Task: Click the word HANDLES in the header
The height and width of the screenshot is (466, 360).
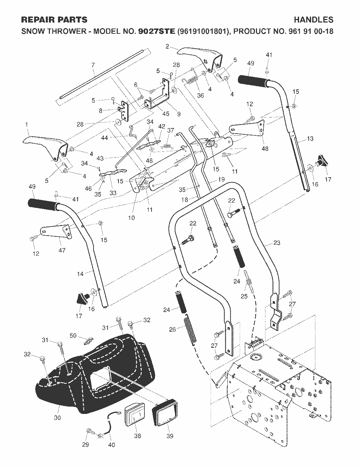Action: coord(314,20)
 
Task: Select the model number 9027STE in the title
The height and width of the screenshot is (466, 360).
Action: coord(157,31)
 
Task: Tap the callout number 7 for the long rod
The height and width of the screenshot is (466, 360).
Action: coord(93,65)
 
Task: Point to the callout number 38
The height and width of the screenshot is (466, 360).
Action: coord(137,434)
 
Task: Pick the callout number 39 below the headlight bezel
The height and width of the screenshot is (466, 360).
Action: coord(170,434)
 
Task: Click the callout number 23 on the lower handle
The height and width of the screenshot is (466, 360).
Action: coord(277,243)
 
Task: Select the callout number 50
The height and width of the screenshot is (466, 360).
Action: coord(73,335)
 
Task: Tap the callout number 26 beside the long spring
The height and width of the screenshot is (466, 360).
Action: coord(173,329)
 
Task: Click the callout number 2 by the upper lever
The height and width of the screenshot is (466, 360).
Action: coord(167,46)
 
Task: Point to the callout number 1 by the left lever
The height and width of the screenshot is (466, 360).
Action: coord(27,125)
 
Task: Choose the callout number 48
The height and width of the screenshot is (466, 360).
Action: coord(265,148)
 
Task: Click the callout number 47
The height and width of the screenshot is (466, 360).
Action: coord(62,250)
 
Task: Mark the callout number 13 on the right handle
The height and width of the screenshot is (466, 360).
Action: coord(310,139)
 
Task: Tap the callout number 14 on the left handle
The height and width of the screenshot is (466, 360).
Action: coord(80,274)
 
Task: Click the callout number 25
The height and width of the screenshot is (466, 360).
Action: coord(244,296)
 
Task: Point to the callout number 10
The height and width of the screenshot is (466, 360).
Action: coord(131,218)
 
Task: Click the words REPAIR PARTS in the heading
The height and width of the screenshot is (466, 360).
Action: coord(54,20)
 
